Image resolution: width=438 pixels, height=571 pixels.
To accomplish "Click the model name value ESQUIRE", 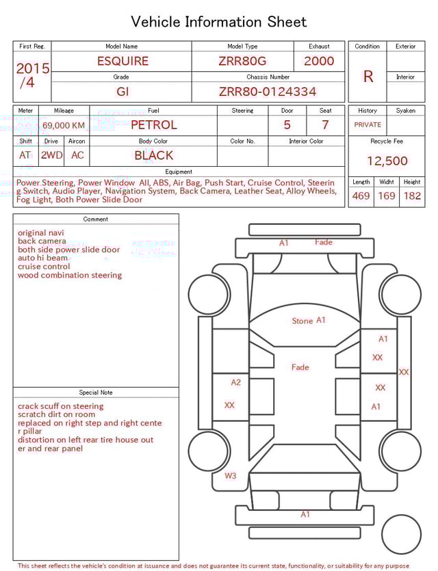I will (x=123, y=61).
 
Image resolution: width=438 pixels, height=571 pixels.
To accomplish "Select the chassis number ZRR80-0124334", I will (x=268, y=92).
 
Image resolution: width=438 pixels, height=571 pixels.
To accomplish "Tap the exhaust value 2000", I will (x=319, y=61).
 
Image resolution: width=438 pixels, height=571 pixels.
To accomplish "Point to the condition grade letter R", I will (x=368, y=77).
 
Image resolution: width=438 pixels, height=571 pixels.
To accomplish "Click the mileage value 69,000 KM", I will (x=64, y=125).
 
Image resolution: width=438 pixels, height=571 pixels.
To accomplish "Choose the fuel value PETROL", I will (x=153, y=125).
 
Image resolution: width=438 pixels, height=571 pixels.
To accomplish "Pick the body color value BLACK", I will (x=153, y=155).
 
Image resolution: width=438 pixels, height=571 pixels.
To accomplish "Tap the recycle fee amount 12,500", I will (x=387, y=161).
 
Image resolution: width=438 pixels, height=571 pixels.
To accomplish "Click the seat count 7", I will (x=325, y=125).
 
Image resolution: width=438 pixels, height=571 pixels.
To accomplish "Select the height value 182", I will (x=412, y=196).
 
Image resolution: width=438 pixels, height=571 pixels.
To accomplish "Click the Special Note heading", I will (x=96, y=393).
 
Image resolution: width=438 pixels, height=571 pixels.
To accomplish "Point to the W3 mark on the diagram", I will (x=230, y=476).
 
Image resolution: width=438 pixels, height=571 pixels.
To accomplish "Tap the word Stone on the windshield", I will (x=302, y=321).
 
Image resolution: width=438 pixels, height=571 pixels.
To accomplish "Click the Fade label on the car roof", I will (x=300, y=367).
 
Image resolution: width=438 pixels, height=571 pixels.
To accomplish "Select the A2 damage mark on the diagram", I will (x=235, y=383).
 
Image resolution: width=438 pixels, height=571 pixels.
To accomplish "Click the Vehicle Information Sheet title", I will (x=219, y=22).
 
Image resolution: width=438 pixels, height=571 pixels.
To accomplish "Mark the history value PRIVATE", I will (x=368, y=125).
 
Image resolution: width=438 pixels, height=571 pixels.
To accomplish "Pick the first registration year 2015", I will (x=32, y=69).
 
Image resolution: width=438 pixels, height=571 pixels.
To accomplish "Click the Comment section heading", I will (x=96, y=220).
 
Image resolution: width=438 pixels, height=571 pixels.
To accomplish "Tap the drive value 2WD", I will (x=51, y=155).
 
